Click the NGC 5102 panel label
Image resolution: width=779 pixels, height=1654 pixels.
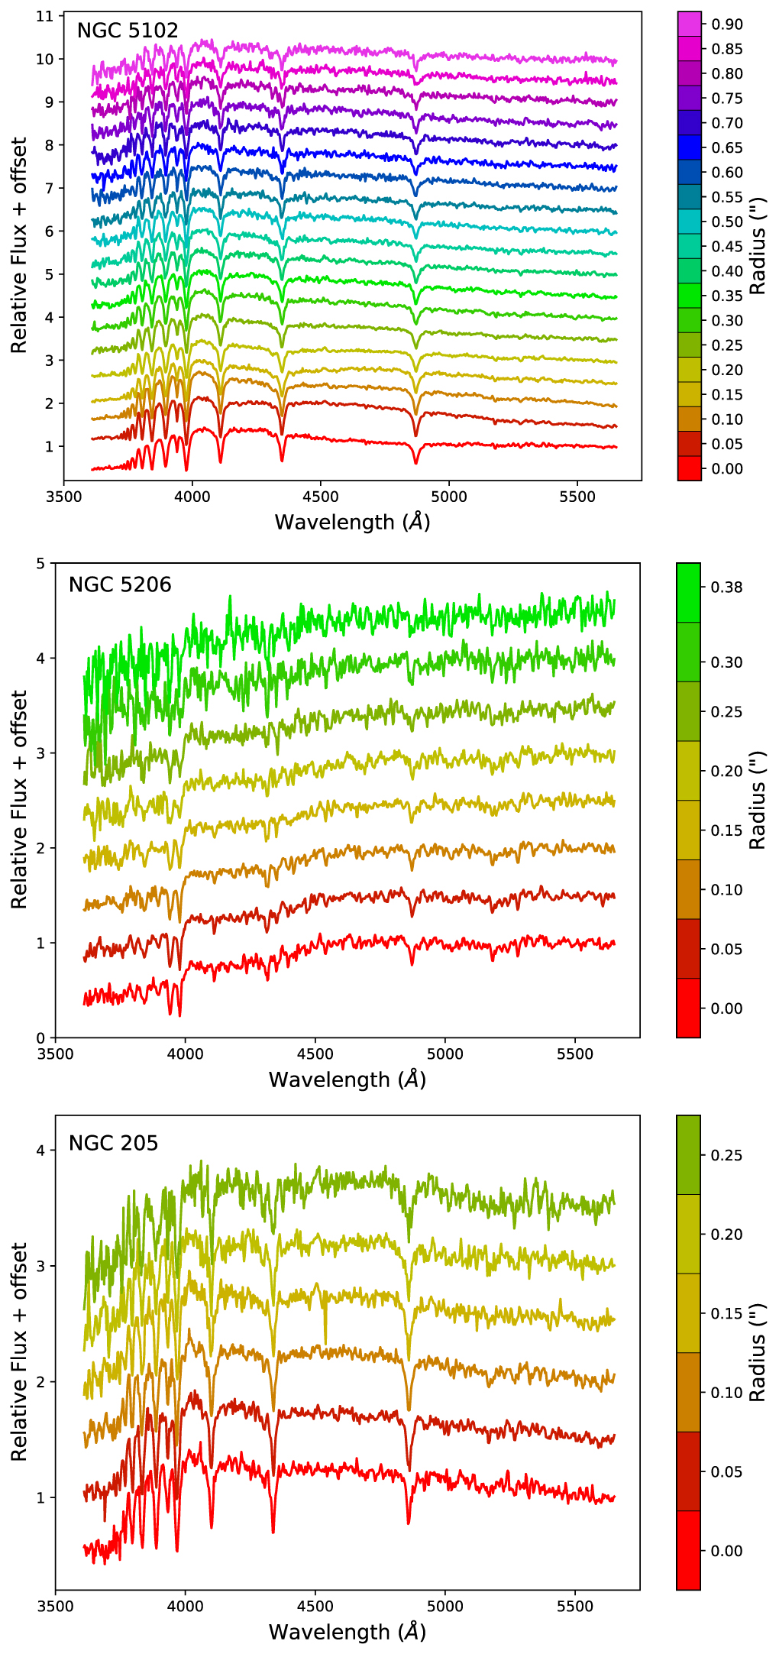[128, 31]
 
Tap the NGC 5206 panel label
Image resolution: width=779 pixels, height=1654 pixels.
[120, 584]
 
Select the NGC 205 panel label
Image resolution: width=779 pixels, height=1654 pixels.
[113, 1143]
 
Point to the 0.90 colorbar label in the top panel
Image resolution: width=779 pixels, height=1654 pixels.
[726, 24]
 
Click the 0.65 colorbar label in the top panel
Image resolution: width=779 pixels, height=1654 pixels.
[726, 147]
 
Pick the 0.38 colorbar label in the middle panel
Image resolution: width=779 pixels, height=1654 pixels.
[726, 587]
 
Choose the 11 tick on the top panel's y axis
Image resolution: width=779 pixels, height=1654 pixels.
[44, 16]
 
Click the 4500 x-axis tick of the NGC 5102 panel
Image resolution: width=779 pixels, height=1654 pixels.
[320, 497]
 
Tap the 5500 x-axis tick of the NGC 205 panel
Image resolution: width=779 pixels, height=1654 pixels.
[574, 1606]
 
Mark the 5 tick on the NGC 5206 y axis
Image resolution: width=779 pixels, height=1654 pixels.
[40, 564]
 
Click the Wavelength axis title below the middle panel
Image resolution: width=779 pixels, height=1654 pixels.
[347, 1079]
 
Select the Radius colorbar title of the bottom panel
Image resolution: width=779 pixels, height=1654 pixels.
[757, 1353]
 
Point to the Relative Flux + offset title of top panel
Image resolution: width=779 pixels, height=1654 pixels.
[18, 244]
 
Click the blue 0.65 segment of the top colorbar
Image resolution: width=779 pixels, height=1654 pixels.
[689, 147]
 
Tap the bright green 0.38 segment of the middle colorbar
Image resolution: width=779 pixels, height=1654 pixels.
[688, 593]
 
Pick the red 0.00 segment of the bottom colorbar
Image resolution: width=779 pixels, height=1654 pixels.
[688, 1550]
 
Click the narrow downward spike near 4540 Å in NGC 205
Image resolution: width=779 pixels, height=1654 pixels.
[325, 1338]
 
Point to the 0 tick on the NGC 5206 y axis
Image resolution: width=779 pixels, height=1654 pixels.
[40, 1037]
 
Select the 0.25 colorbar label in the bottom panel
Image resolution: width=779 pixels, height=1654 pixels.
[726, 1155]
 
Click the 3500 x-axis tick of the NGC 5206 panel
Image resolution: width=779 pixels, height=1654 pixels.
[55, 1054]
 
